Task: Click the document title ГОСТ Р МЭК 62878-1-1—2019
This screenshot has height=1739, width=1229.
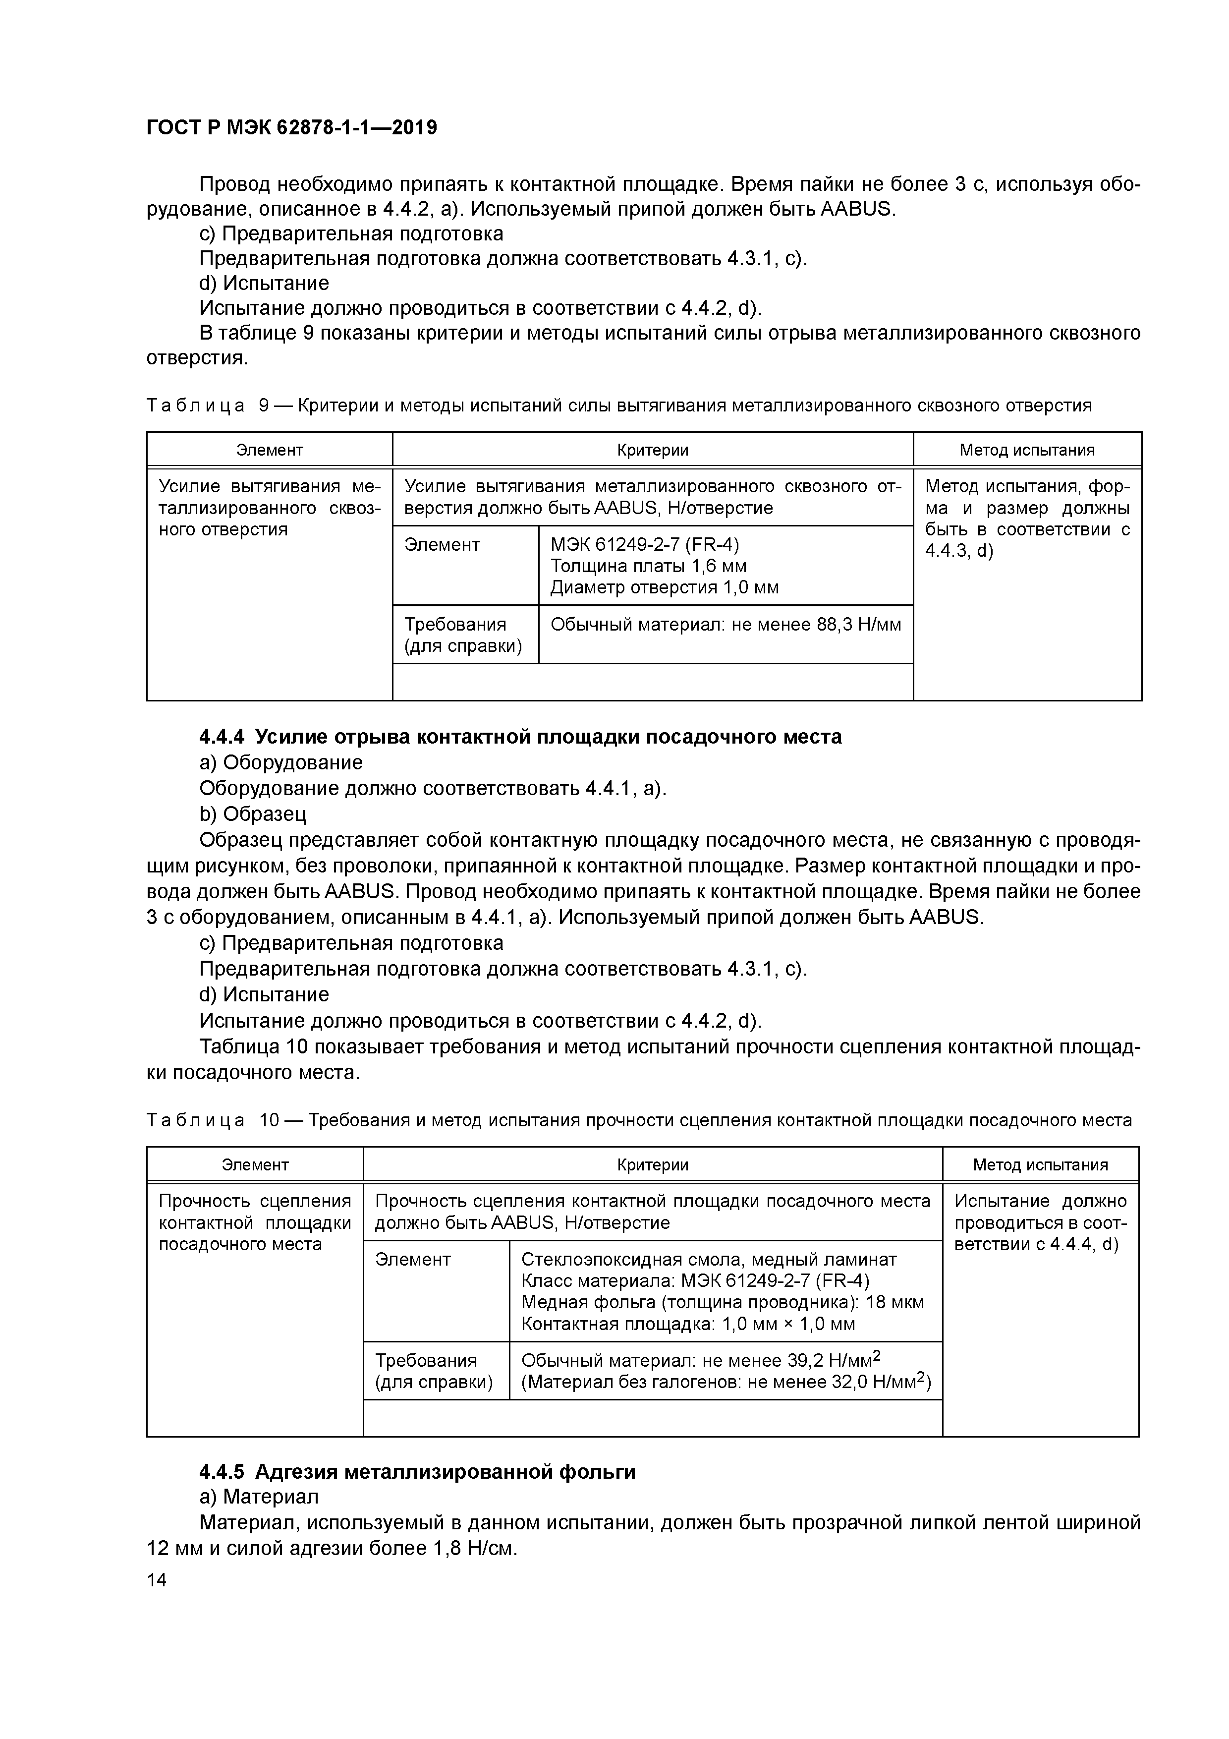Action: (x=291, y=128)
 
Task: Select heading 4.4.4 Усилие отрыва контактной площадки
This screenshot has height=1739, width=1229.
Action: (x=520, y=736)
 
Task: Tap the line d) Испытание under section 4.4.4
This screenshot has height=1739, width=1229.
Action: (x=264, y=994)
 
